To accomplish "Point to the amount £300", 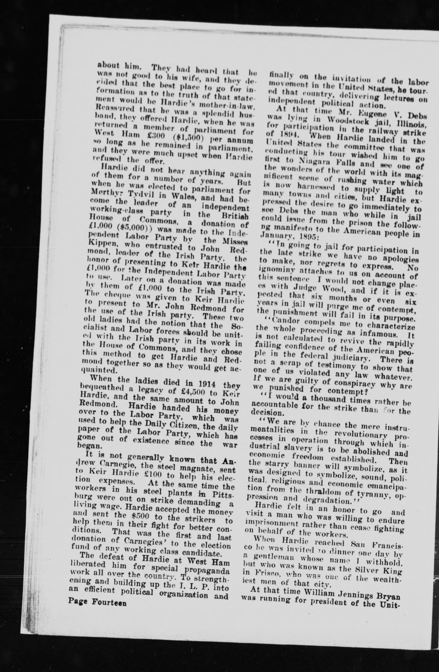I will pos(158,139).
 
